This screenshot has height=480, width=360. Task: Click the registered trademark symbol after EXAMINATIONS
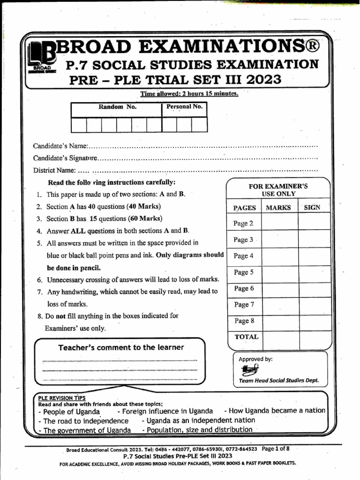pyautogui.click(x=314, y=47)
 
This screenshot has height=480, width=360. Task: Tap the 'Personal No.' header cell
pyautogui.click(x=185, y=107)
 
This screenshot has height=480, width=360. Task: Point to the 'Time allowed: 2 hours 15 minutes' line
pyautogui.click(x=189, y=94)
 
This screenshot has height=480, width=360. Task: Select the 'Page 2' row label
pyautogui.click(x=243, y=224)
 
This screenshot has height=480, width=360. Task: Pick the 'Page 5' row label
pyautogui.click(x=243, y=272)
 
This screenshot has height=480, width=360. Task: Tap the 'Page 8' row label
pyautogui.click(x=243, y=321)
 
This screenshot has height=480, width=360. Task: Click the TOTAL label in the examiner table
pyautogui.click(x=246, y=337)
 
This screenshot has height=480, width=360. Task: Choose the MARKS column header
pyautogui.click(x=278, y=208)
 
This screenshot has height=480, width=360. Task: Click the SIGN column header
pyautogui.click(x=312, y=208)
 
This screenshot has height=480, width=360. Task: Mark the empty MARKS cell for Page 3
pyautogui.click(x=280, y=240)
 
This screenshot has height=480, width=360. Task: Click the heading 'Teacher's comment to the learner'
pyautogui.click(x=121, y=347)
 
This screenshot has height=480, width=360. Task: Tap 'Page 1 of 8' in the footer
pyautogui.click(x=276, y=449)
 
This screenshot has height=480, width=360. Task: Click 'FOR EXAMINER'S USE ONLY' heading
pyautogui.click(x=278, y=190)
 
